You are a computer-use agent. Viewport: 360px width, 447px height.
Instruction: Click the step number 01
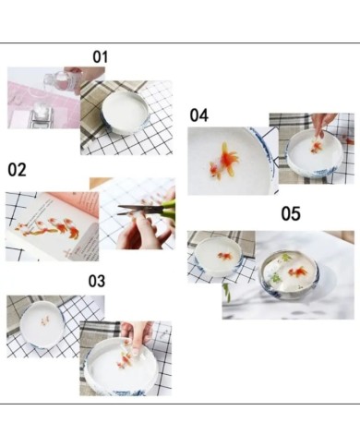point(101,57)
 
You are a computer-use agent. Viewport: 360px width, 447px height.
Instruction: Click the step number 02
point(17,170)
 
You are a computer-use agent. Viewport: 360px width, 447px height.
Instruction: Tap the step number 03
point(97,281)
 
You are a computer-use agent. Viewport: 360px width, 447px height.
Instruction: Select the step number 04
point(199,115)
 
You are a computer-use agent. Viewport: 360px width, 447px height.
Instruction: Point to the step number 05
point(291,213)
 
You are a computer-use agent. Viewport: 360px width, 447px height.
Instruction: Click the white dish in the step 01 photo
point(126,113)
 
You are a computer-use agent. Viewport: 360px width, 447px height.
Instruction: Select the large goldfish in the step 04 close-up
point(224,161)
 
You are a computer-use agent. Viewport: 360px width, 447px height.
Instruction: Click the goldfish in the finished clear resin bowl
point(297,272)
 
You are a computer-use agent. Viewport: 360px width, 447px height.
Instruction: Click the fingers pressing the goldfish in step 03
point(136,334)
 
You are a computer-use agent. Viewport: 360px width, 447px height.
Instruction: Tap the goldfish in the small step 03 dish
point(44,320)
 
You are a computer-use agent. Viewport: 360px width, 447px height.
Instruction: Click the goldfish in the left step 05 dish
point(225,256)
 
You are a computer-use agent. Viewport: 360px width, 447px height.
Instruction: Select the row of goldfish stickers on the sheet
point(48,228)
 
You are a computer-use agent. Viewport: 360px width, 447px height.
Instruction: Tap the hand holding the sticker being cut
point(140,229)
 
